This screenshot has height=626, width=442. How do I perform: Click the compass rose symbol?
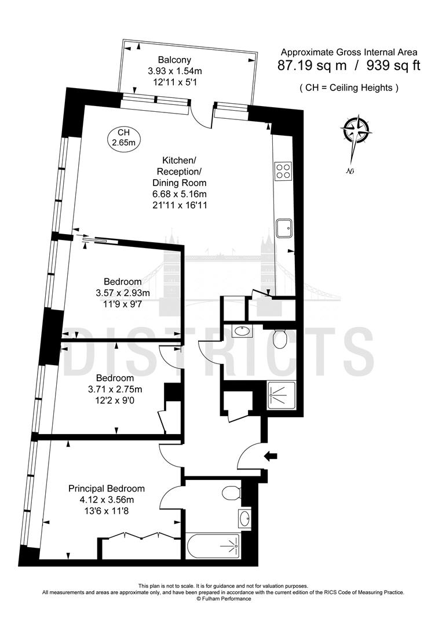point(356,132)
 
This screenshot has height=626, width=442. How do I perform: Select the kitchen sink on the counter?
point(284,228)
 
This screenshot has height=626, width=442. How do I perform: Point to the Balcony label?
point(174,60)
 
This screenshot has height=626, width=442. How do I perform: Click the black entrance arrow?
point(271,456)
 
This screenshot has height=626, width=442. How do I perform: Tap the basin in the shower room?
point(241,332)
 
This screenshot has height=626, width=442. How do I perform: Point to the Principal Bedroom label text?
point(107,488)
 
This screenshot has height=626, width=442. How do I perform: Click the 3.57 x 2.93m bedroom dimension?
point(122,293)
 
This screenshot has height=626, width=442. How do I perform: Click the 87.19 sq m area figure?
point(313,65)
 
